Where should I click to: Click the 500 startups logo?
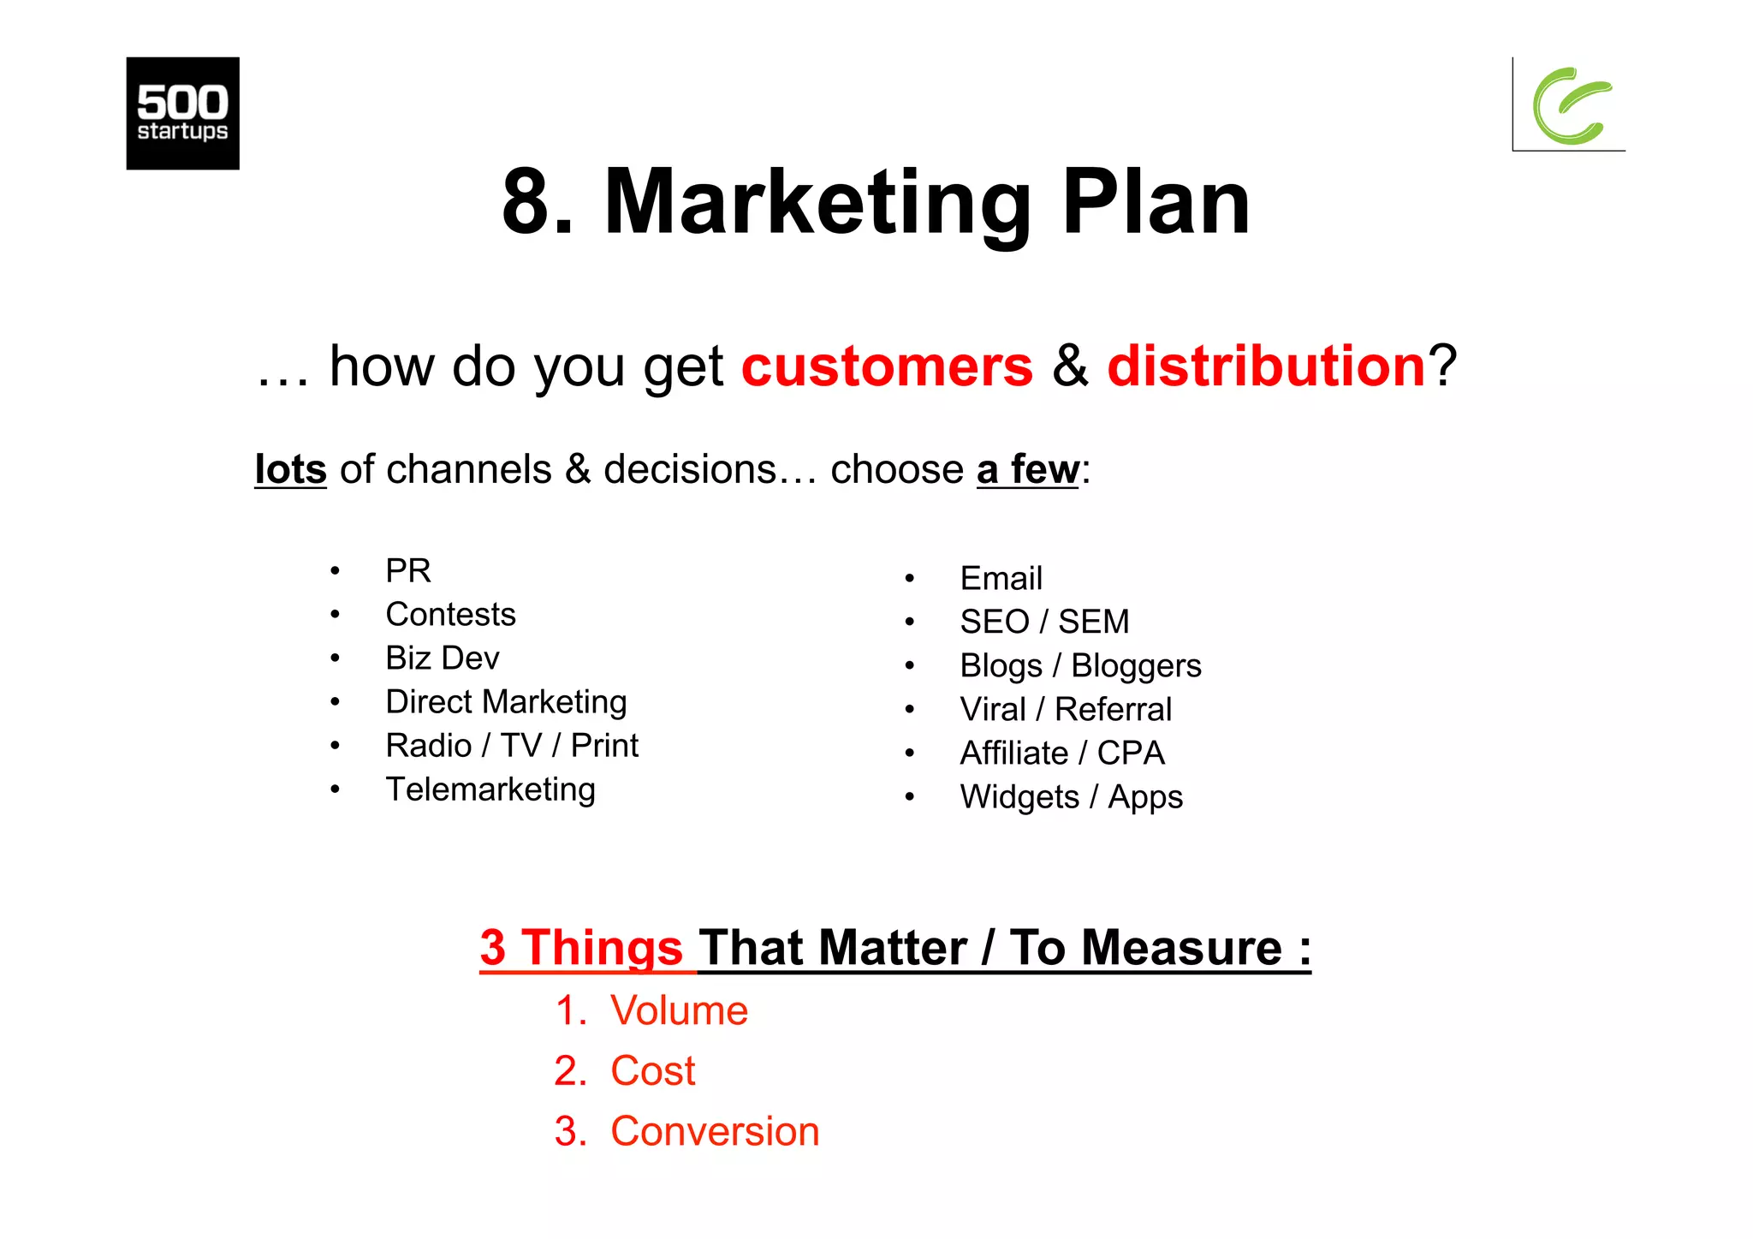(x=182, y=113)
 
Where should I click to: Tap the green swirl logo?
(x=1571, y=105)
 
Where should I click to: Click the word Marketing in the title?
(x=817, y=203)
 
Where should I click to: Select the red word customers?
(x=887, y=366)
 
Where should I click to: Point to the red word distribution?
(x=1265, y=366)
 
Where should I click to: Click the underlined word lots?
(x=290, y=469)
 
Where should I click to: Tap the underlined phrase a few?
(x=1027, y=469)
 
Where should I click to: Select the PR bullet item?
(x=407, y=571)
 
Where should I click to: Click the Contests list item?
(x=450, y=615)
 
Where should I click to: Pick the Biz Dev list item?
(x=442, y=658)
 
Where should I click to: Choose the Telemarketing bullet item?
(x=490, y=789)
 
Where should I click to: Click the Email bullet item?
(x=1001, y=579)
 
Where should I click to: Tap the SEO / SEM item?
(x=1044, y=622)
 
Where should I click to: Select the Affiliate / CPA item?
(x=1061, y=754)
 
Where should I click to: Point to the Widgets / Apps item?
(x=1071, y=797)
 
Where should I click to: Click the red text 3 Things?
(x=581, y=948)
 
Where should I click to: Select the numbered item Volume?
(x=678, y=1011)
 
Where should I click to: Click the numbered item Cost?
(x=652, y=1071)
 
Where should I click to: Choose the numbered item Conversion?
(x=714, y=1132)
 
